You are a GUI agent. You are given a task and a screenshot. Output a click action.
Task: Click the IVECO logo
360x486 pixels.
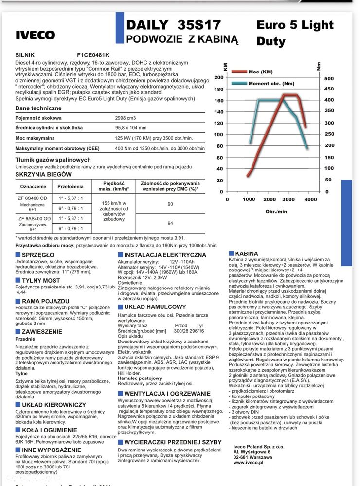click(x=36, y=35)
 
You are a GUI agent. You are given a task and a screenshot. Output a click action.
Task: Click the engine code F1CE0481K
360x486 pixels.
click(x=93, y=55)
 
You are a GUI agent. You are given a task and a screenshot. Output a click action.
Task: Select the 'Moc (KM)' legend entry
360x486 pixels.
click(x=260, y=72)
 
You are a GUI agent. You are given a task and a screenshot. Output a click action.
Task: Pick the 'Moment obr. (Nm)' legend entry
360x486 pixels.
click(x=271, y=83)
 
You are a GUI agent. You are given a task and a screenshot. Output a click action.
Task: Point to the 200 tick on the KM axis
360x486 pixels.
click(x=218, y=78)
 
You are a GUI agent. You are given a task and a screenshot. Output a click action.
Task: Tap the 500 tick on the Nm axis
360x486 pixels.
click(x=329, y=78)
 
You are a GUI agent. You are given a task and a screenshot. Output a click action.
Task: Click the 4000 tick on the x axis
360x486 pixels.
click(x=310, y=199)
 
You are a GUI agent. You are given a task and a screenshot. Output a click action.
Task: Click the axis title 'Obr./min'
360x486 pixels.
click(x=276, y=211)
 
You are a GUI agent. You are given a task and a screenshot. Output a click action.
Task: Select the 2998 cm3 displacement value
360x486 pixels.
click(x=126, y=118)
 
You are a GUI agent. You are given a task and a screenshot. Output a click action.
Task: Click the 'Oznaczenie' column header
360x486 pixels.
click(x=33, y=186)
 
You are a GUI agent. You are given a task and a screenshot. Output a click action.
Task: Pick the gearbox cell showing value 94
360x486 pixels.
click(x=170, y=223)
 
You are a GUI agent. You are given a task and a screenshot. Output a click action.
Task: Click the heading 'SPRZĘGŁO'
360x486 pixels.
click(x=38, y=255)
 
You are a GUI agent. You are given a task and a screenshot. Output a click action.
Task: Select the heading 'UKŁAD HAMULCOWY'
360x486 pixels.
click(x=155, y=307)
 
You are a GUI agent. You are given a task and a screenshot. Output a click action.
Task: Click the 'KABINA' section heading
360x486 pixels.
click(x=246, y=253)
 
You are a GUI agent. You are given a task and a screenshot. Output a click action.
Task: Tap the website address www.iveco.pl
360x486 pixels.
click(x=248, y=463)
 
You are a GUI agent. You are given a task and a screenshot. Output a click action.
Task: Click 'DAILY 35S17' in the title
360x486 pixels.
click(x=173, y=25)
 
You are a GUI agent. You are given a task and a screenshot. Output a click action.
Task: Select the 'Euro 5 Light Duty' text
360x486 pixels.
click(x=295, y=33)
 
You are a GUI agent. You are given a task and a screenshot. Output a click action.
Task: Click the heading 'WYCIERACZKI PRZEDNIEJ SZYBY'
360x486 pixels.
click(x=173, y=442)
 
